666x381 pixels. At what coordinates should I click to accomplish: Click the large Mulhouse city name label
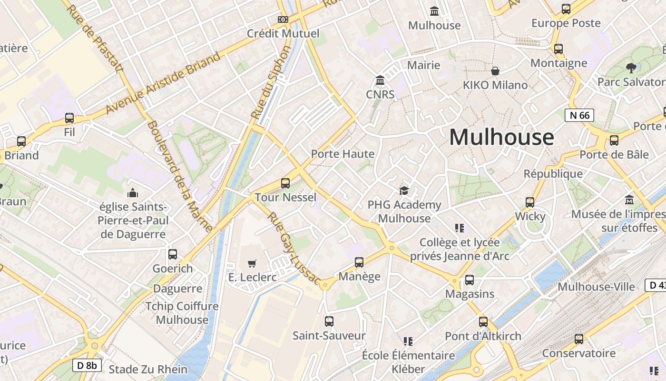501,137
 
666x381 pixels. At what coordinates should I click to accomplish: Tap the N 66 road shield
579,115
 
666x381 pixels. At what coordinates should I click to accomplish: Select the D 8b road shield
87,365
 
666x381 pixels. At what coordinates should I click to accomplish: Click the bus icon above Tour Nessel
285,183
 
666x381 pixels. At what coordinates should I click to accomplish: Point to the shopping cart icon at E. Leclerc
252,263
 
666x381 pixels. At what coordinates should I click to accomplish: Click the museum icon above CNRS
380,80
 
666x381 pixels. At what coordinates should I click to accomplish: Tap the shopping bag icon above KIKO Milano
495,71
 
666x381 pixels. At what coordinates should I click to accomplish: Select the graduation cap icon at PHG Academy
404,190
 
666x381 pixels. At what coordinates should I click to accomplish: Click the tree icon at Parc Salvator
631,68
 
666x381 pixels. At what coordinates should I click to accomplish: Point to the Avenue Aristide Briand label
163,82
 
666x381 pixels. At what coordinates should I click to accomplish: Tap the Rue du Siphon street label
271,82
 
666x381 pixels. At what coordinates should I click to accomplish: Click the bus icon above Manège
359,262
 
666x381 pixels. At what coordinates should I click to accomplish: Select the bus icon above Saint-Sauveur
329,321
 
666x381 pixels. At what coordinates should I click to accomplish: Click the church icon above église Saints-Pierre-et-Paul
133,193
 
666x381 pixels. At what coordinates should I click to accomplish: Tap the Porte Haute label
343,154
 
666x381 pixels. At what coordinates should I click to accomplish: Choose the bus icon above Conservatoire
578,339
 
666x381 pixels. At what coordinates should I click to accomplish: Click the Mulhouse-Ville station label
596,287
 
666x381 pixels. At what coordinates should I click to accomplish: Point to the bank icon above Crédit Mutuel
283,20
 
